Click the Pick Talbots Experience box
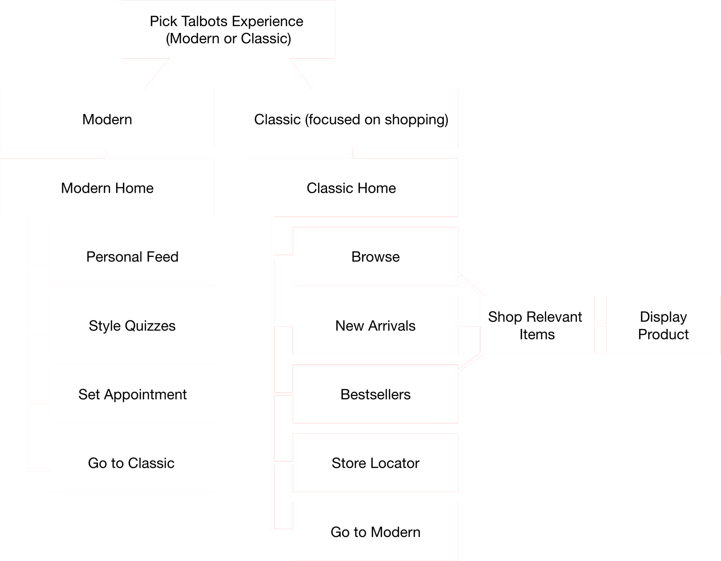228,29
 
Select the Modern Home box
107,187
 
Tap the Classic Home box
351,187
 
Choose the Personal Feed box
132,256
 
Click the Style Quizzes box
132,325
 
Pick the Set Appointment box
132,394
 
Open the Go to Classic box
132,463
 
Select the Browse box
376,256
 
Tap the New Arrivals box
376,325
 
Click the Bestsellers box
376,394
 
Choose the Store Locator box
376,463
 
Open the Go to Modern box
376,532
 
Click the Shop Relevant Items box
537,325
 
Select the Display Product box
664,325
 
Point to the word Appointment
145,395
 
